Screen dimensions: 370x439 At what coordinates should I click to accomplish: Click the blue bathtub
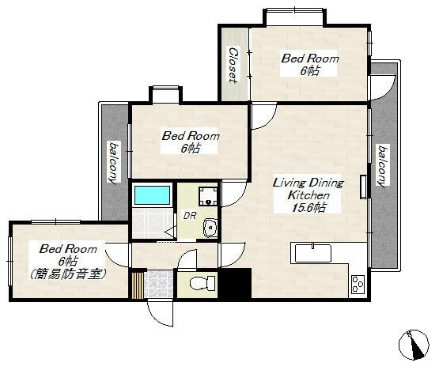click(x=153, y=194)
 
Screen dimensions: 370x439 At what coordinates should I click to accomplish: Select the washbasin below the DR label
click(x=210, y=228)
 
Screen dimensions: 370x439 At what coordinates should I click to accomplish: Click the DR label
click(x=190, y=214)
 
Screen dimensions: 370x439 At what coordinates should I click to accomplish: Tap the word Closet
click(x=233, y=63)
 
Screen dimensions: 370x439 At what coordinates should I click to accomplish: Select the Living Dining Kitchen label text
click(x=308, y=188)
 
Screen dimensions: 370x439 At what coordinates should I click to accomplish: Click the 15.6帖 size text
click(x=308, y=207)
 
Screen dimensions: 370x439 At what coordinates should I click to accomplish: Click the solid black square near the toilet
click(x=234, y=283)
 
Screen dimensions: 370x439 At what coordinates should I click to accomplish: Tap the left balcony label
click(x=115, y=162)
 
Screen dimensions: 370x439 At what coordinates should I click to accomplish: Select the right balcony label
click(x=383, y=166)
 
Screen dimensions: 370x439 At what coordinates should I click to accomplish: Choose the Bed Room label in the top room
click(x=311, y=59)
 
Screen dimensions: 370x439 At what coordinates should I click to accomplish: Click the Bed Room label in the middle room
click(x=191, y=136)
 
